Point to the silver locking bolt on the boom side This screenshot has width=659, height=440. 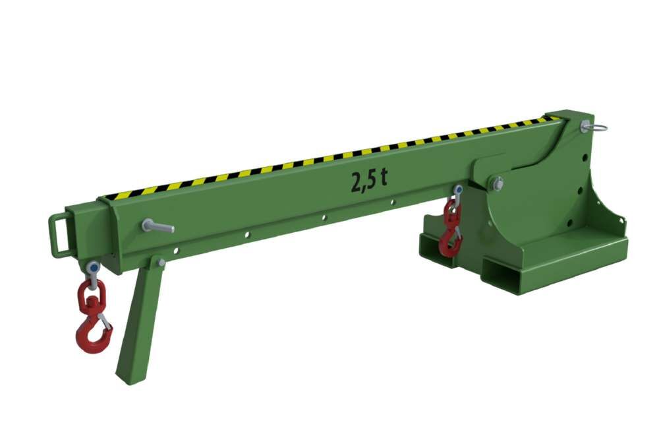(158, 226)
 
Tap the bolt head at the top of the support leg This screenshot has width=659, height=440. (161, 262)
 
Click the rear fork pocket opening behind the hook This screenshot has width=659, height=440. (435, 247)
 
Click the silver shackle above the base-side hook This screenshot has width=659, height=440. (457, 192)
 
